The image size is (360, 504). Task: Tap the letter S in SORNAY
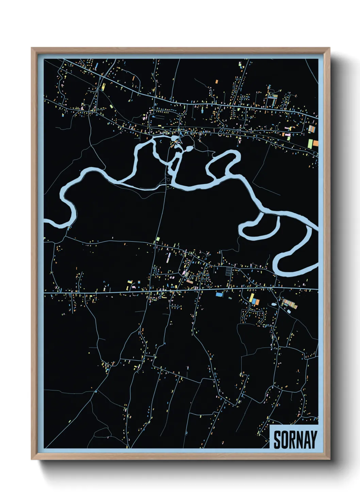277,440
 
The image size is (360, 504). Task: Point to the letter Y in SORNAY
313,440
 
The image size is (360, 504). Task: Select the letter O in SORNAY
285,440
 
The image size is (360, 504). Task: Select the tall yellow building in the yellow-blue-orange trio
251,298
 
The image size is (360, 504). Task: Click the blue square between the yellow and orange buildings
254,302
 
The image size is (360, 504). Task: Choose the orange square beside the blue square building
257,302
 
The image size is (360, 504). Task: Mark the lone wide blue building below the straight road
219,294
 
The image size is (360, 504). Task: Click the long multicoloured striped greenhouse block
290,303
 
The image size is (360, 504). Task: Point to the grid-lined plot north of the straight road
228,271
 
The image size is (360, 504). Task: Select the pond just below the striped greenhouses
289,311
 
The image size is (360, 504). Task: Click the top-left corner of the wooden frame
32,48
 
